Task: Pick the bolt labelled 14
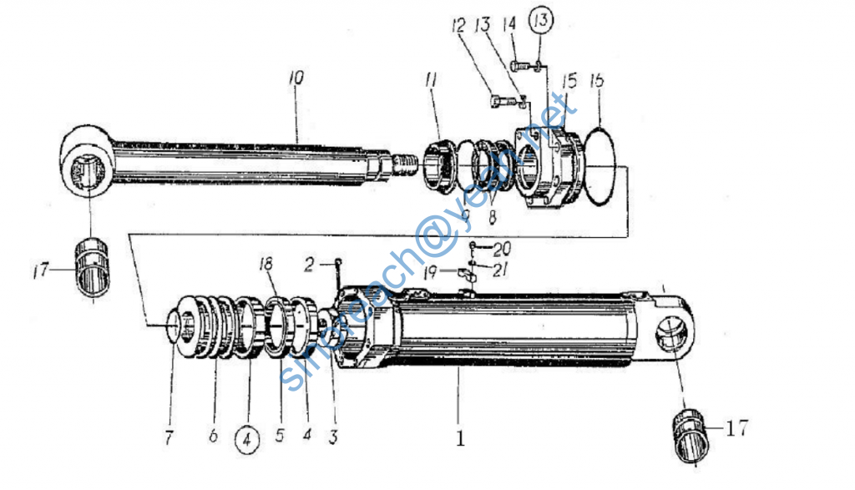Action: pos(519,65)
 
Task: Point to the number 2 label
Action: pos(308,265)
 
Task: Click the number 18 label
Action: pos(266,265)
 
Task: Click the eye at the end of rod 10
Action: pos(89,164)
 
